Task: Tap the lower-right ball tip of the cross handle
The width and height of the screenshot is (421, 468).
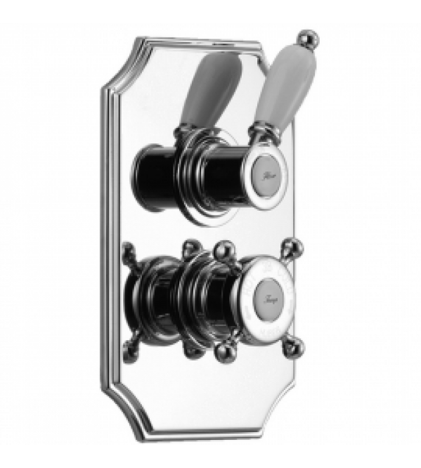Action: tap(297, 344)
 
